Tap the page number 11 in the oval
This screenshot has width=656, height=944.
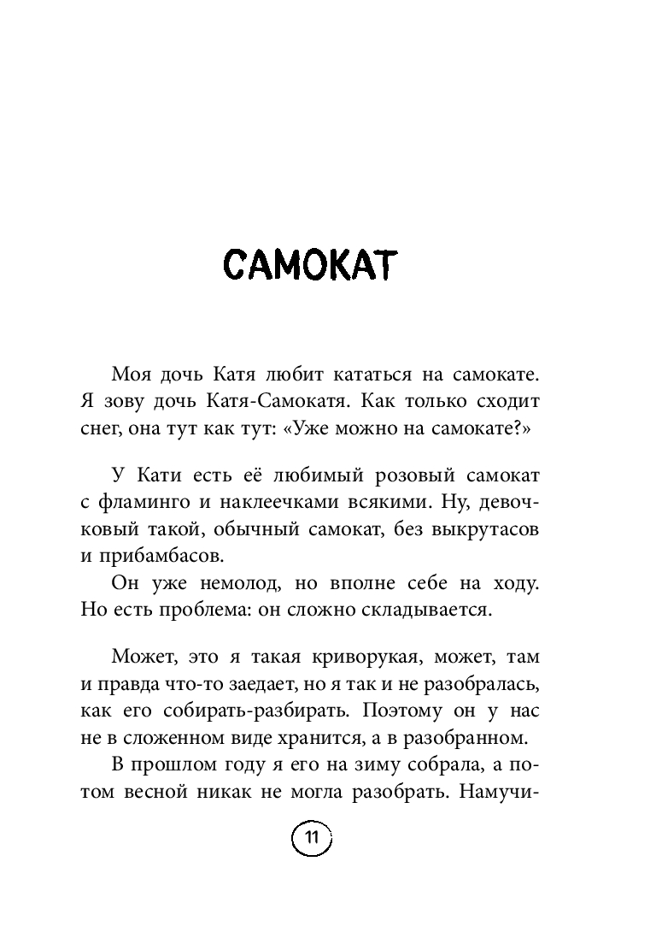click(x=311, y=839)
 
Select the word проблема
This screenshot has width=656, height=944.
click(x=214, y=611)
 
